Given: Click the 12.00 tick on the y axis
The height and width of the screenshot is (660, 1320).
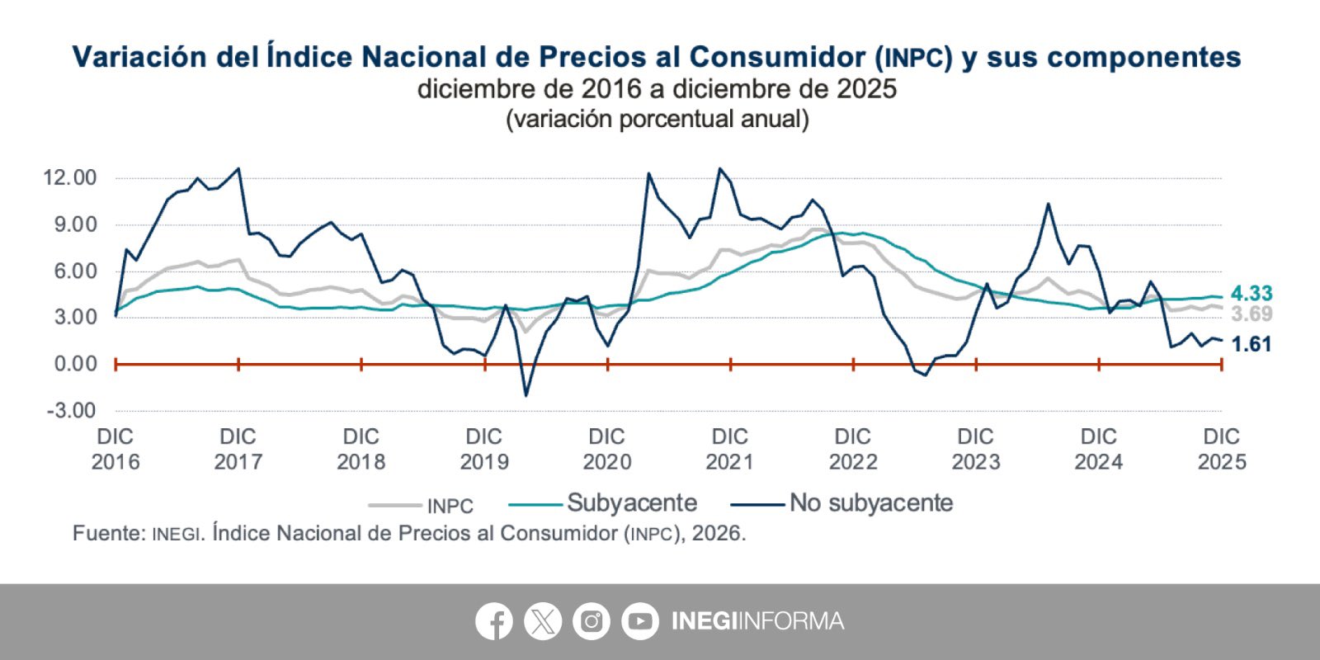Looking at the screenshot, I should tap(70, 178).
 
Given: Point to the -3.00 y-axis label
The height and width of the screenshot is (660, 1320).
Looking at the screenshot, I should tap(70, 410).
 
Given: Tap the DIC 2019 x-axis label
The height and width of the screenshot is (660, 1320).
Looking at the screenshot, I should tap(484, 449).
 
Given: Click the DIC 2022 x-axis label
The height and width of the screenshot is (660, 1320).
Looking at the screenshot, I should tap(853, 449).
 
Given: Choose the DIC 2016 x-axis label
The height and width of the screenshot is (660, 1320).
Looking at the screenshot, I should tap(115, 449).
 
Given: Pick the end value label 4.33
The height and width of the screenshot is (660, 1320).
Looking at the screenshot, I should tap(1252, 294).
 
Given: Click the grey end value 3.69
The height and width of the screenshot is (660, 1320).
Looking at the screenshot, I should tap(1252, 314).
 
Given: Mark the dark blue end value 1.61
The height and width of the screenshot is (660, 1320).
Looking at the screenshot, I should tap(1252, 345).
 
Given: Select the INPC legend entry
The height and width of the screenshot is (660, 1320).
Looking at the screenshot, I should tap(450, 506).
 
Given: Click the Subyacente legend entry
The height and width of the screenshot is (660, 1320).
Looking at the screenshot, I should tap(631, 503).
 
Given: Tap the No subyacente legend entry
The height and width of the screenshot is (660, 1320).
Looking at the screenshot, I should tap(870, 503).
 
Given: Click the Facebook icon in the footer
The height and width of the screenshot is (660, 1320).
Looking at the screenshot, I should tap(494, 621).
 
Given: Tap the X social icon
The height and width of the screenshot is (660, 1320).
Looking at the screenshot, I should tap(543, 621).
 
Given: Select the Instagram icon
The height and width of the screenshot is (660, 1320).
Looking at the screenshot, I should tap(592, 621).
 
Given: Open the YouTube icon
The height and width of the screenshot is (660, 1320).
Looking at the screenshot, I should tap(640, 621).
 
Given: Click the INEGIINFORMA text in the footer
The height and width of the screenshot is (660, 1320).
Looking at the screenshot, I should tap(757, 621).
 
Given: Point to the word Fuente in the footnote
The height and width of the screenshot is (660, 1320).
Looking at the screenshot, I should tap(106, 534).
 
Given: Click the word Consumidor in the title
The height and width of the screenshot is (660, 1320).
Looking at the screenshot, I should tap(777, 57).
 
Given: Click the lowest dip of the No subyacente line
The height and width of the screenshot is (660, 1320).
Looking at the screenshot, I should tap(526, 396).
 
